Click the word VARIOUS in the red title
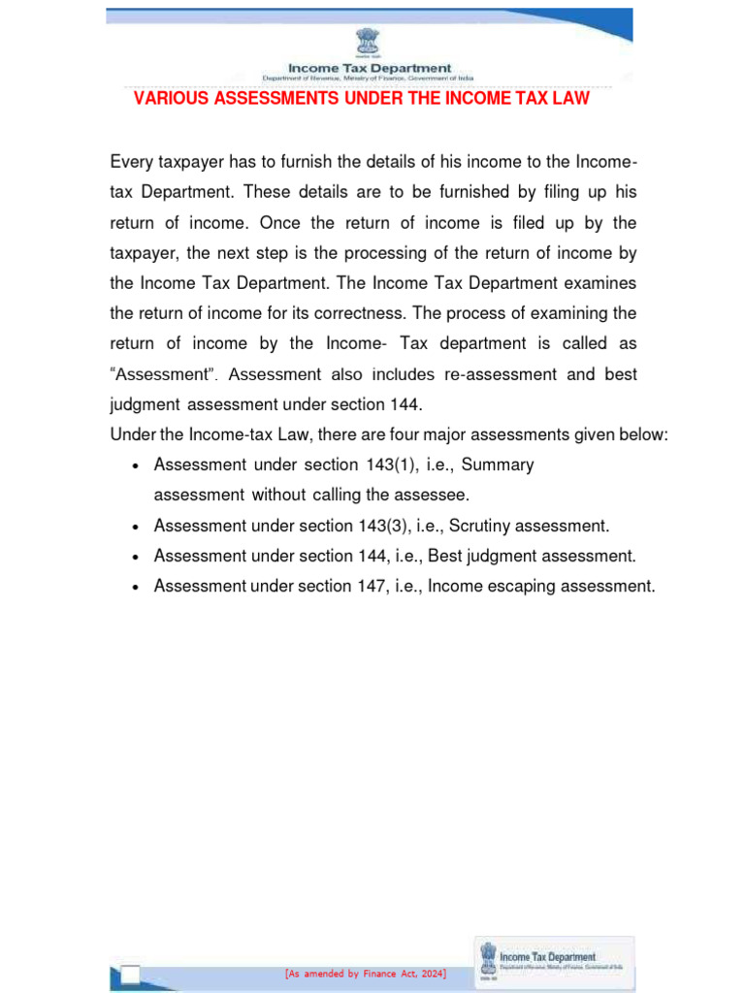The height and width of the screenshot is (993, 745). (166, 99)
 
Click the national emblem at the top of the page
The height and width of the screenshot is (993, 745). (369, 42)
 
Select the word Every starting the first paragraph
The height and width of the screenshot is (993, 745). (133, 161)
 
